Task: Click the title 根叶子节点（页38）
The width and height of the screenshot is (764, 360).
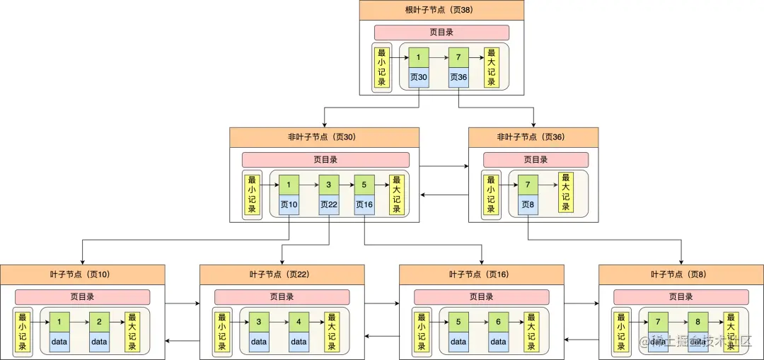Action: click(441, 10)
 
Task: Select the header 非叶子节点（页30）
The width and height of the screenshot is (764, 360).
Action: click(324, 137)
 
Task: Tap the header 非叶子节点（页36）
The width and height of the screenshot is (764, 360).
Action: click(533, 137)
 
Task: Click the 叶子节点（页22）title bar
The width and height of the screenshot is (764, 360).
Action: click(282, 274)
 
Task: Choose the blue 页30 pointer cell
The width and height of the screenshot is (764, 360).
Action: click(419, 78)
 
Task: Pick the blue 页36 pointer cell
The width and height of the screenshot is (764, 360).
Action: click(458, 78)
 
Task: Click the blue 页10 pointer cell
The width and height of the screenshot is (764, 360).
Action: click(289, 205)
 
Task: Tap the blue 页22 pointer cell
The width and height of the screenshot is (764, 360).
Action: click(329, 205)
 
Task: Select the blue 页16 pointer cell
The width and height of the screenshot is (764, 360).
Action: click(364, 205)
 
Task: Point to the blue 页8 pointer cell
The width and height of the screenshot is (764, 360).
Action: click(528, 205)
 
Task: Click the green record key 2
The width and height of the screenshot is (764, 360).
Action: click(99, 323)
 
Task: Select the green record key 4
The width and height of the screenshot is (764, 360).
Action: click(299, 323)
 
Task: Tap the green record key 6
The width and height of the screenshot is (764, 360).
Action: click(498, 323)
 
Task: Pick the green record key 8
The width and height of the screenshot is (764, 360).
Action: click(698, 323)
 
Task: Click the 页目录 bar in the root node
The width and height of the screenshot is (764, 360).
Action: click(441, 33)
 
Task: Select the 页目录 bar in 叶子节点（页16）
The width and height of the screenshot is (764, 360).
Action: click(481, 297)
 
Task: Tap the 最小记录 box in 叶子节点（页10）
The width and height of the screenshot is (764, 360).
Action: click(23, 332)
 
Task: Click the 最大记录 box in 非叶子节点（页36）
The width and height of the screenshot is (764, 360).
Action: click(565, 192)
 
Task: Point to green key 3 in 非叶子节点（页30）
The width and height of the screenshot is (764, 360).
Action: click(329, 185)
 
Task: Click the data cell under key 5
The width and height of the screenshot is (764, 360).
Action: click(458, 342)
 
